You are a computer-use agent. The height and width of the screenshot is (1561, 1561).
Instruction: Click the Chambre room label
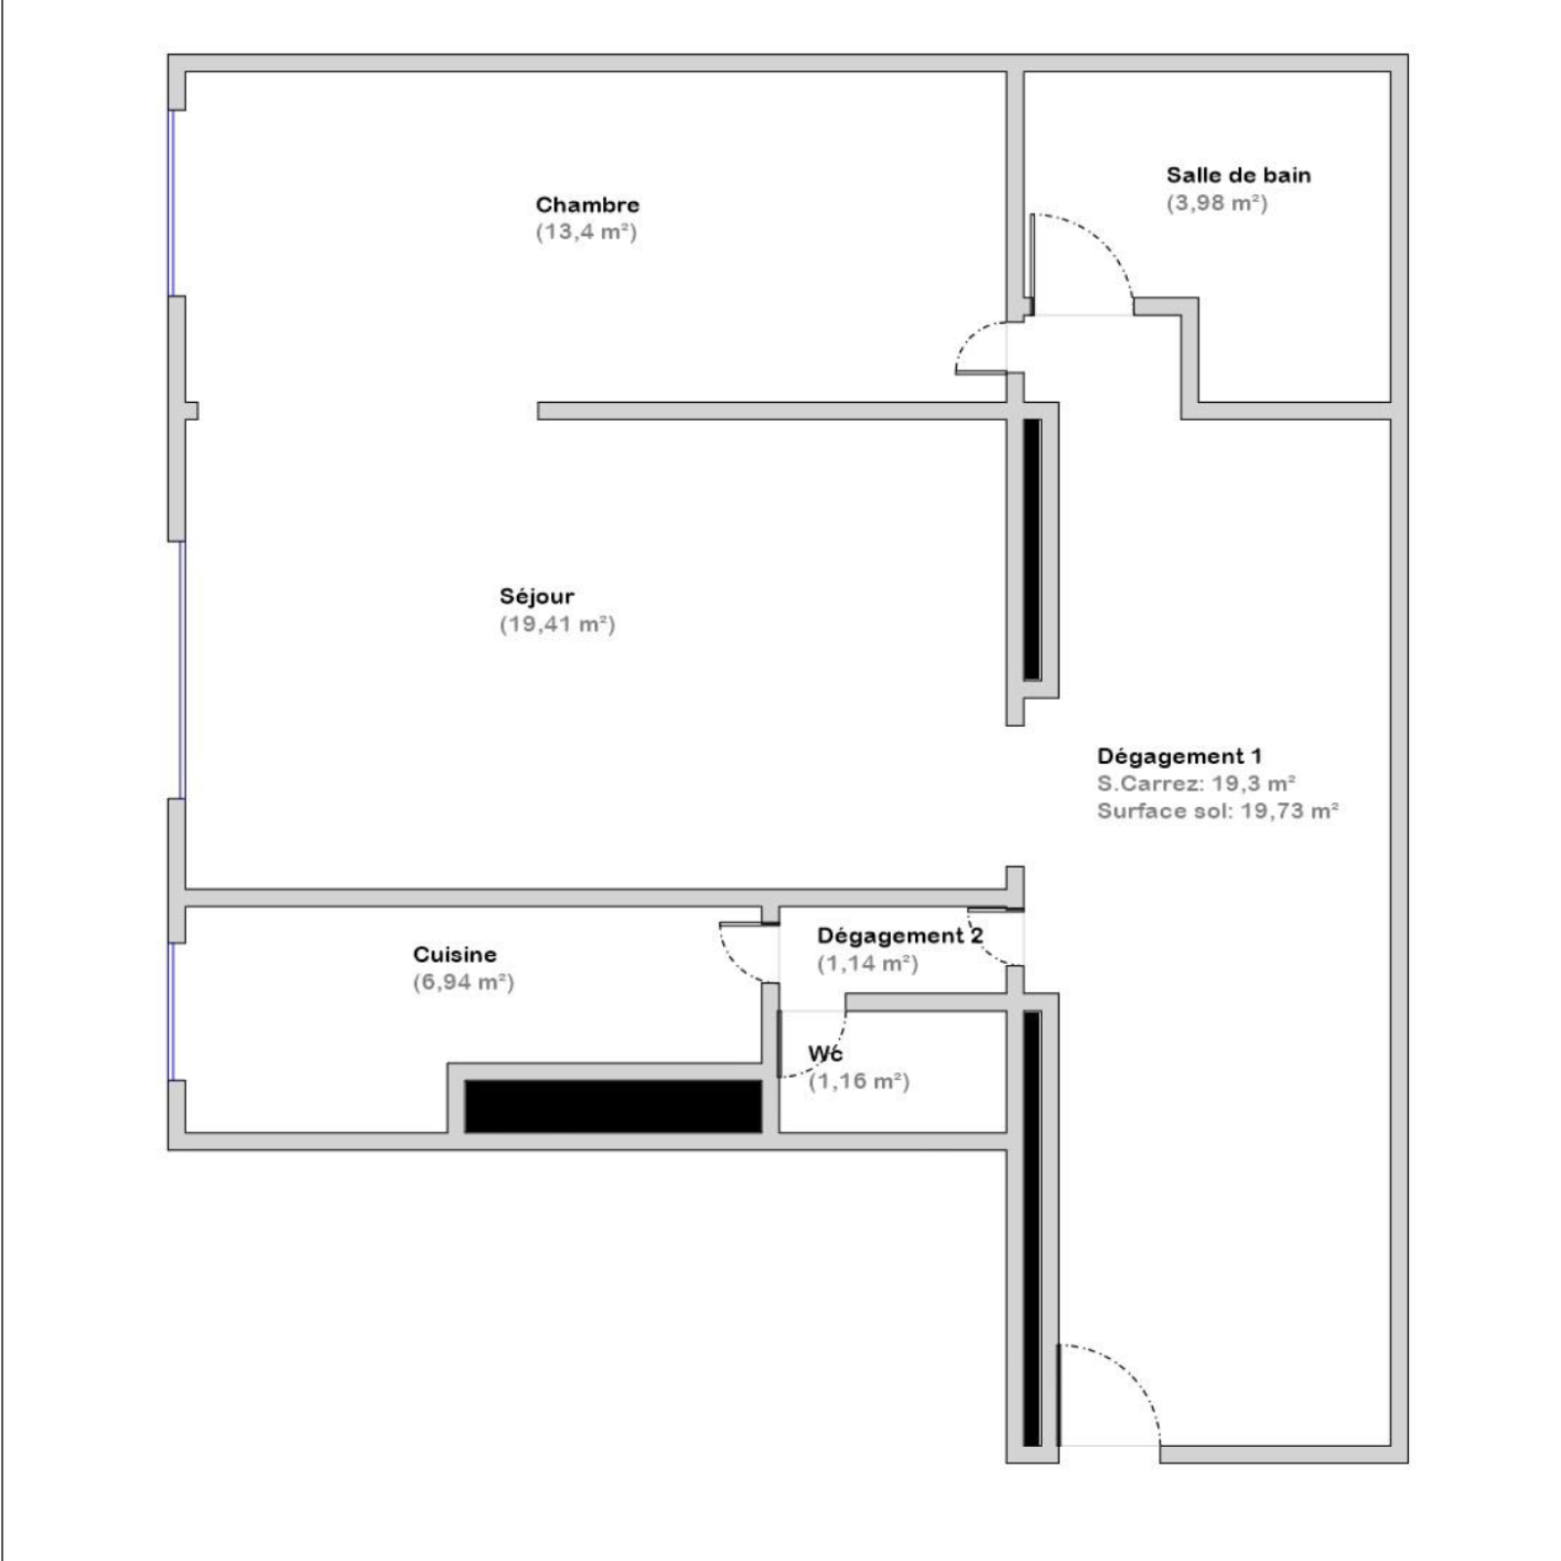[587, 205]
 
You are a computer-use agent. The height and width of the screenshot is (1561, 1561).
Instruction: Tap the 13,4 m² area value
[586, 232]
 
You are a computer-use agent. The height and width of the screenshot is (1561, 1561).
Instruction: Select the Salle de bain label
[1238, 176]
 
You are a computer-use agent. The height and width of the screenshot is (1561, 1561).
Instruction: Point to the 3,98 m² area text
[1217, 203]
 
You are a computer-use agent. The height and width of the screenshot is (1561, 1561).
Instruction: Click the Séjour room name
[537, 596]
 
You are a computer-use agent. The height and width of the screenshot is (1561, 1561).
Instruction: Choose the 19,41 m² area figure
[557, 624]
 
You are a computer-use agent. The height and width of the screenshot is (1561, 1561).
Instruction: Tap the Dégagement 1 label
[1180, 756]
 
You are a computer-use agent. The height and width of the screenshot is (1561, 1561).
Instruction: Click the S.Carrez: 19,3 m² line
[1196, 783]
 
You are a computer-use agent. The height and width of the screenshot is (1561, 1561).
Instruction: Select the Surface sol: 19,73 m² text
[1218, 811]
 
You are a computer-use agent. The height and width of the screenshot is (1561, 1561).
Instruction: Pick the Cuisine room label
[455, 954]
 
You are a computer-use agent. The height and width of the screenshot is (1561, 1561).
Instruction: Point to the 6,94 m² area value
[463, 982]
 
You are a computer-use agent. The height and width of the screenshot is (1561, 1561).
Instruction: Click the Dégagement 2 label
[900, 936]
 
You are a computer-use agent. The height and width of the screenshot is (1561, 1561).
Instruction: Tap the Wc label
[825, 1054]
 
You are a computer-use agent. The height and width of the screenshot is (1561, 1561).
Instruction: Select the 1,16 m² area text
[859, 1082]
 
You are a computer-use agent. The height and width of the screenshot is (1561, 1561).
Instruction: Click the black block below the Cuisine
[613, 1106]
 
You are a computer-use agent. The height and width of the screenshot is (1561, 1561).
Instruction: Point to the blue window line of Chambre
[173, 203]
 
